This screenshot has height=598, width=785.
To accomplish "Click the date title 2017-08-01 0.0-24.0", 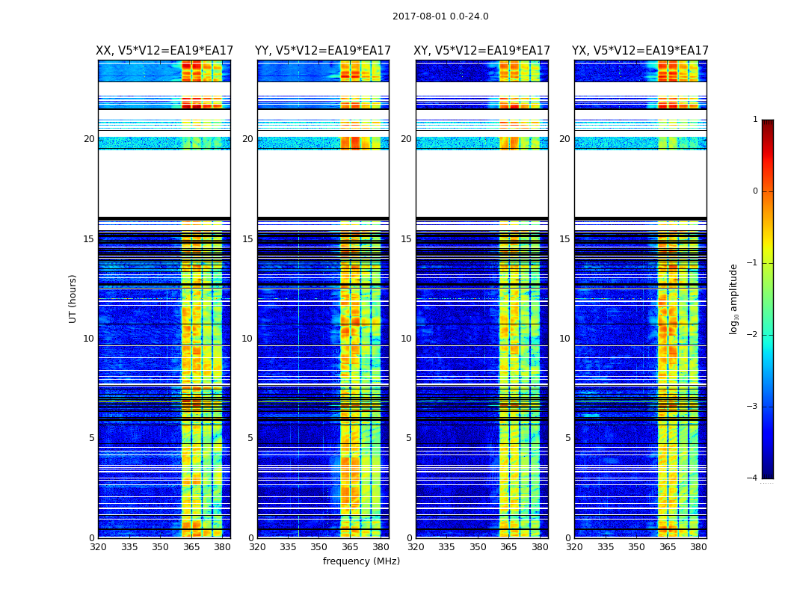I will point(440,16).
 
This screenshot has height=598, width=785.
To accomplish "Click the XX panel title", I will point(164,51).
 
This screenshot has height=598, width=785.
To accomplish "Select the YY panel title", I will point(323,51).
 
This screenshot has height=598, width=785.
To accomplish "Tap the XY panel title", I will point(481,51).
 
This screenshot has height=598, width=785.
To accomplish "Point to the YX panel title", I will point(640,51).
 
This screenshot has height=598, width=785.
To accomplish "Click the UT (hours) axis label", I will point(73,298).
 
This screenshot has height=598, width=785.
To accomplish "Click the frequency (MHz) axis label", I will point(361,561).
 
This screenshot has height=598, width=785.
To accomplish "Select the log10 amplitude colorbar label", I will point(734,298).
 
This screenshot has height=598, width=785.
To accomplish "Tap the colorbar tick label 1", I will point(755,120).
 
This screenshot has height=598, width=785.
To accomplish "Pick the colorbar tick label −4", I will point(754,478).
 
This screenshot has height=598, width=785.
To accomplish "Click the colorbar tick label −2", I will point(754,335).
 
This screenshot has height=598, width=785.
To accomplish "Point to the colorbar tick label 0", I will point(755,191).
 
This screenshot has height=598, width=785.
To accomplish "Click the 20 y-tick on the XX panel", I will point(89,139).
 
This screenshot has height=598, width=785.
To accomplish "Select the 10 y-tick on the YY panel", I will point(247,339).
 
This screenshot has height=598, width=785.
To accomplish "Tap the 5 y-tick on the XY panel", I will point(409,438).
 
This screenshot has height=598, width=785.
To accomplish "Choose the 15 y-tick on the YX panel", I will point(564,239).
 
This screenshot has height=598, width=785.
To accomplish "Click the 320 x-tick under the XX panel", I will point(98,547).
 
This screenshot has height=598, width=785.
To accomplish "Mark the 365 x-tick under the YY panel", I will point(350,547).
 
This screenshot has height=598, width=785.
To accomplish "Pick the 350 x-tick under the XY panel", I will point(478,547).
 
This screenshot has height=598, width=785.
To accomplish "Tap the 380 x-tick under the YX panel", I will point(698,547).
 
